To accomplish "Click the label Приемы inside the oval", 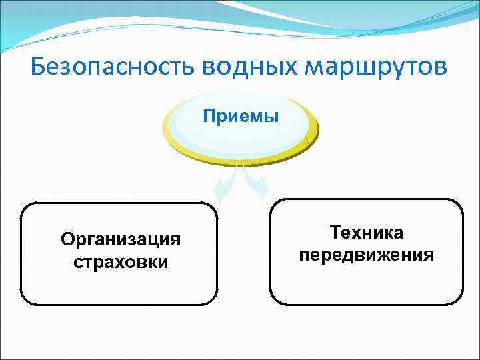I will [x=241, y=117].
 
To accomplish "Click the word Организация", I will [x=120, y=239].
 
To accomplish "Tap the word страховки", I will [x=120, y=262].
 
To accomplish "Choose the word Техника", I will [x=366, y=233].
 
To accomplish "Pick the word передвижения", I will [x=366, y=255].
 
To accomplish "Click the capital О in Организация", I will [x=67, y=239].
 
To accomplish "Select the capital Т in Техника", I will [x=335, y=233].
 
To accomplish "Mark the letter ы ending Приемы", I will [x=272, y=117].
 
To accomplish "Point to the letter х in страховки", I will [x=123, y=262].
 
